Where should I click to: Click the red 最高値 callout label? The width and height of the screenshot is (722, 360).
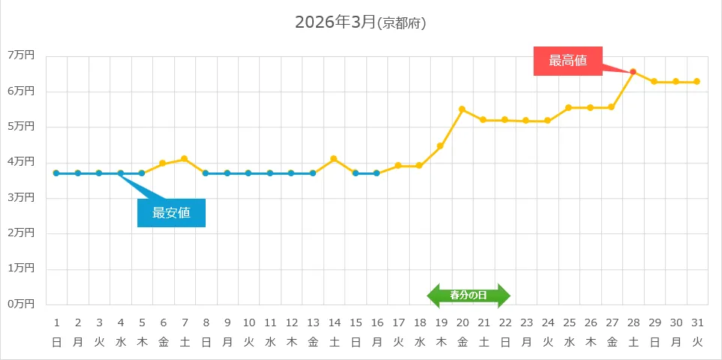pyautogui.click(x=567, y=61)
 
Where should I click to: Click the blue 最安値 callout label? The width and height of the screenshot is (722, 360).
pyautogui.click(x=171, y=213)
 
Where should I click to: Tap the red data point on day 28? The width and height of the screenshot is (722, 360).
pyautogui.click(x=633, y=72)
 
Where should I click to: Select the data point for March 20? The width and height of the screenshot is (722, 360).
pyautogui.click(x=462, y=109)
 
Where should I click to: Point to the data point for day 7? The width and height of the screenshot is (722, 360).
pyautogui.click(x=185, y=159)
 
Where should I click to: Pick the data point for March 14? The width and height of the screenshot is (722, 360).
pyautogui.click(x=334, y=159)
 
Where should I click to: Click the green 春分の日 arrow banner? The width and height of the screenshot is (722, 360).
pyautogui.click(x=468, y=295)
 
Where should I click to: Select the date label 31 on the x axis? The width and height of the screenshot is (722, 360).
pyautogui.click(x=697, y=322)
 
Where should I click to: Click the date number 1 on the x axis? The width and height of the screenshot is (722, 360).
pyautogui.click(x=56, y=322)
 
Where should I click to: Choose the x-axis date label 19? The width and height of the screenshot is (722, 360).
pyautogui.click(x=441, y=322)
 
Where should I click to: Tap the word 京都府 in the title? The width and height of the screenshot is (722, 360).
pyautogui.click(x=402, y=24)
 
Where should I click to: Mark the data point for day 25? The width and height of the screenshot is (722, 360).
pyautogui.click(x=569, y=108)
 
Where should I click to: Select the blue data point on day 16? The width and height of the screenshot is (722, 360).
pyautogui.click(x=377, y=173)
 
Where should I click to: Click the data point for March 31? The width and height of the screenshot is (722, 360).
pyautogui.click(x=697, y=82)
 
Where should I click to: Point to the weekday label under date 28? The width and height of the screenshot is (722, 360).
pyautogui.click(x=633, y=342)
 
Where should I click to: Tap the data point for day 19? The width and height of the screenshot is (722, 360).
pyautogui.click(x=441, y=146)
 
